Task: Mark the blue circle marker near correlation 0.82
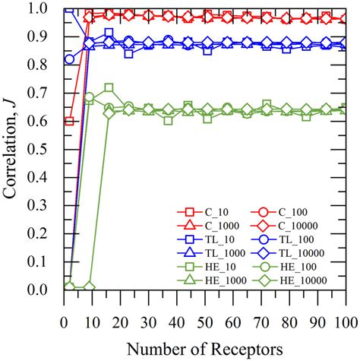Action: click(x=70, y=59)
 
